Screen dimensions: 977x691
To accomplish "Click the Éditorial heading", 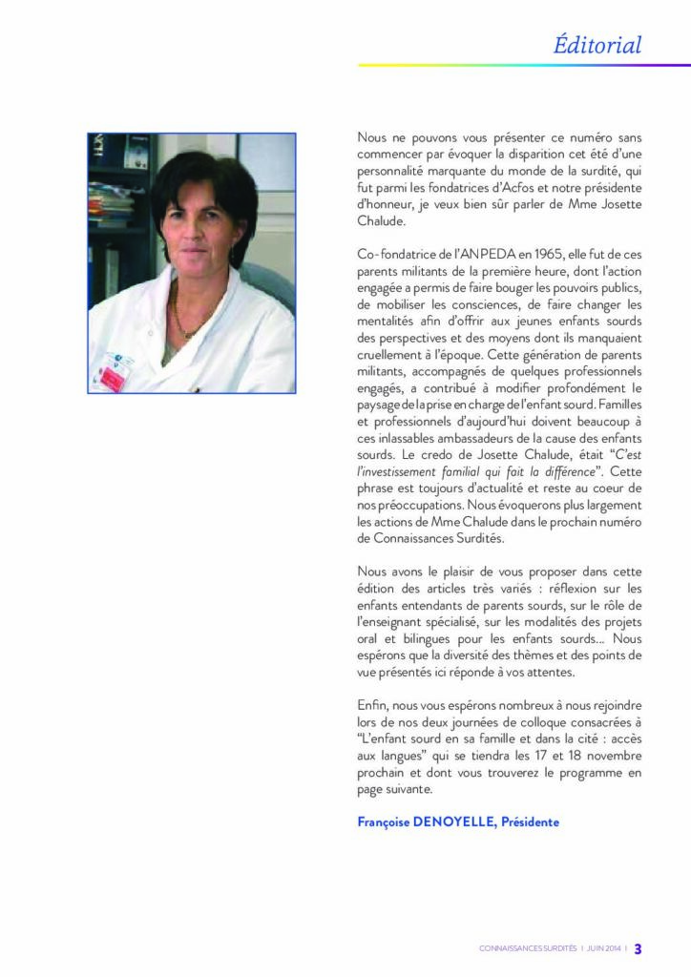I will [597, 45].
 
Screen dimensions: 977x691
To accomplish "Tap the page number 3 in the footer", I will [638, 948].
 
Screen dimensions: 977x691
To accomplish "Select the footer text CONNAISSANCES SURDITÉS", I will [528, 949].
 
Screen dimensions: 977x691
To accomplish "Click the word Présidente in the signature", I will [530, 821].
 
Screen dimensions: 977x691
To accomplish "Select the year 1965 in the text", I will [477, 256].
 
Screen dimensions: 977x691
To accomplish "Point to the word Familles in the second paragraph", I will [615, 406].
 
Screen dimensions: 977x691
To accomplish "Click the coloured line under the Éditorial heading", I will [524, 65].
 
